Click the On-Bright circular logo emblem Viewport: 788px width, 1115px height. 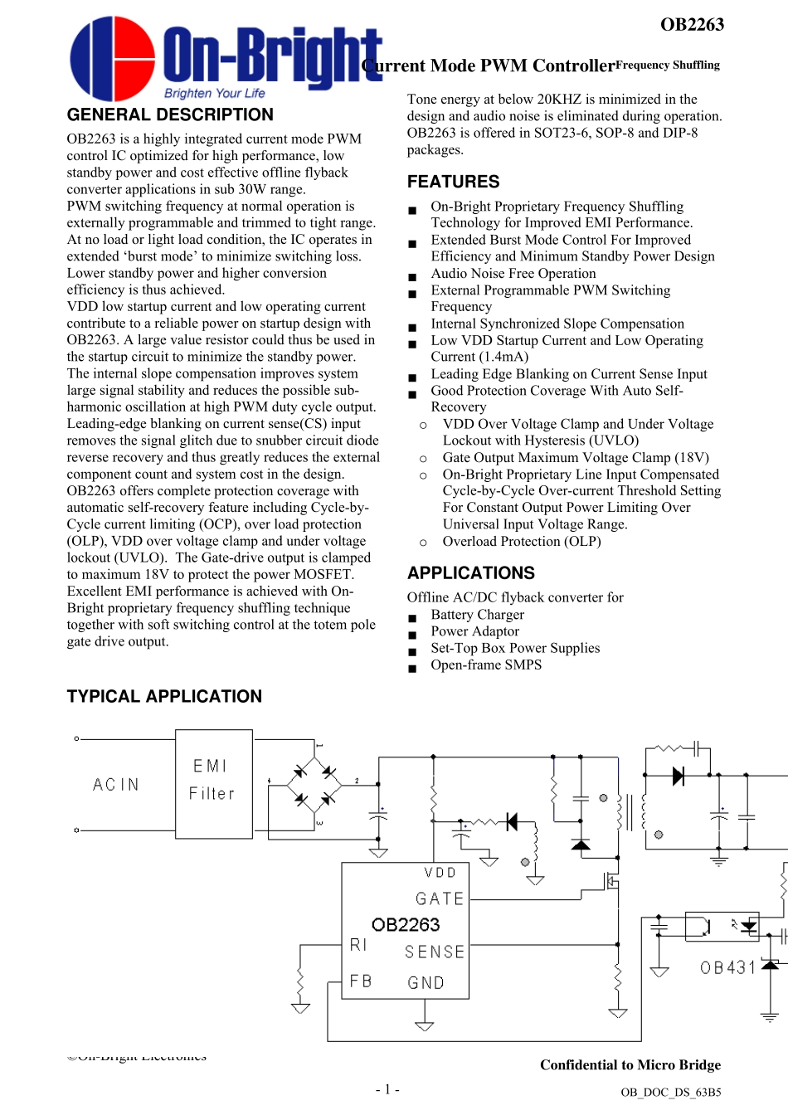[x=112, y=58]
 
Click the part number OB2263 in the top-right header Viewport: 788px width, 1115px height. [x=692, y=25]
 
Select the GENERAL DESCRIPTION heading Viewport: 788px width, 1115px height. [x=170, y=114]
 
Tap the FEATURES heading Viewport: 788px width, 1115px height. [x=453, y=182]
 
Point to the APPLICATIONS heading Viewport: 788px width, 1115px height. [x=470, y=573]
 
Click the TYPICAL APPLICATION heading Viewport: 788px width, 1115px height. [x=164, y=696]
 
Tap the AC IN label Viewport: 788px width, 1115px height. [x=115, y=785]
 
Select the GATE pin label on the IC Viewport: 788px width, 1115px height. [x=439, y=898]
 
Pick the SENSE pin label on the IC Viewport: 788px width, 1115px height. [x=434, y=952]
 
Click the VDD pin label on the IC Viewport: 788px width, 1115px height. [x=440, y=873]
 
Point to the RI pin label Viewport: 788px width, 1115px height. [x=358, y=945]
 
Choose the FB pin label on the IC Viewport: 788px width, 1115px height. [x=361, y=981]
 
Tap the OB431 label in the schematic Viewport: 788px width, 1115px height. [x=727, y=967]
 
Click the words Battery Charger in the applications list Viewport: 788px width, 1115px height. [x=477, y=615]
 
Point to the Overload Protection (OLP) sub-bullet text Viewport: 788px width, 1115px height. [x=521, y=542]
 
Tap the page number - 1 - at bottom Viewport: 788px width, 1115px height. [x=387, y=1089]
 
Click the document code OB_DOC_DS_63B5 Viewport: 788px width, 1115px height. [x=670, y=1093]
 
